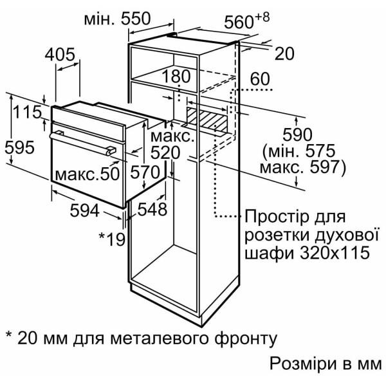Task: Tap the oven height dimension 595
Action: coord(19,147)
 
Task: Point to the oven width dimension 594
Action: coord(84,210)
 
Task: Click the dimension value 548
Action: coord(152,209)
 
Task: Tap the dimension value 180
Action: coord(176,77)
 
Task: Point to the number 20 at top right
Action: coord(284,53)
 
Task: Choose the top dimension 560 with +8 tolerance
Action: coord(243,22)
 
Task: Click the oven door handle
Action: coord(84,143)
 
